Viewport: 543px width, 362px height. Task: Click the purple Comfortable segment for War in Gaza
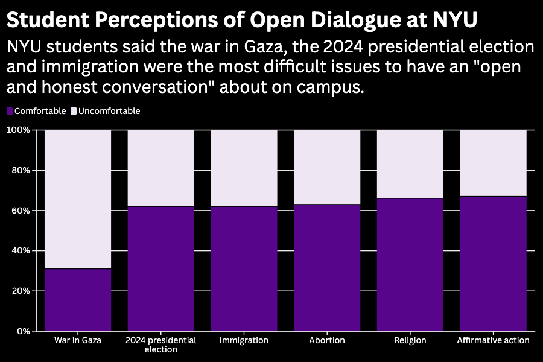pos(78,299)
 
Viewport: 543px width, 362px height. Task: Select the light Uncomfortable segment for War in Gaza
pos(78,198)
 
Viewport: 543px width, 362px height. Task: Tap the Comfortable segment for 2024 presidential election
pos(160,268)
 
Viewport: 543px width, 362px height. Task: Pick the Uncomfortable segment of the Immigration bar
pos(244,168)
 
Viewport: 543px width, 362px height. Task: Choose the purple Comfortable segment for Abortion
pos(327,267)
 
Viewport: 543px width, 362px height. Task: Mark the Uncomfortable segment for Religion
pos(410,164)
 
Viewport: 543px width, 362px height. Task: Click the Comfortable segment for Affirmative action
pos(493,263)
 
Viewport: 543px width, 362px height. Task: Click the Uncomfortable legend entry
pos(106,111)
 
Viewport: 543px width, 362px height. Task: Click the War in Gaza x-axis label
pos(78,340)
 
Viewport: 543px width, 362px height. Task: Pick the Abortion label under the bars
pos(327,340)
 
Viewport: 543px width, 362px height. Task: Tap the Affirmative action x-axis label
pos(493,340)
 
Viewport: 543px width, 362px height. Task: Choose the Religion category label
pos(410,340)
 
